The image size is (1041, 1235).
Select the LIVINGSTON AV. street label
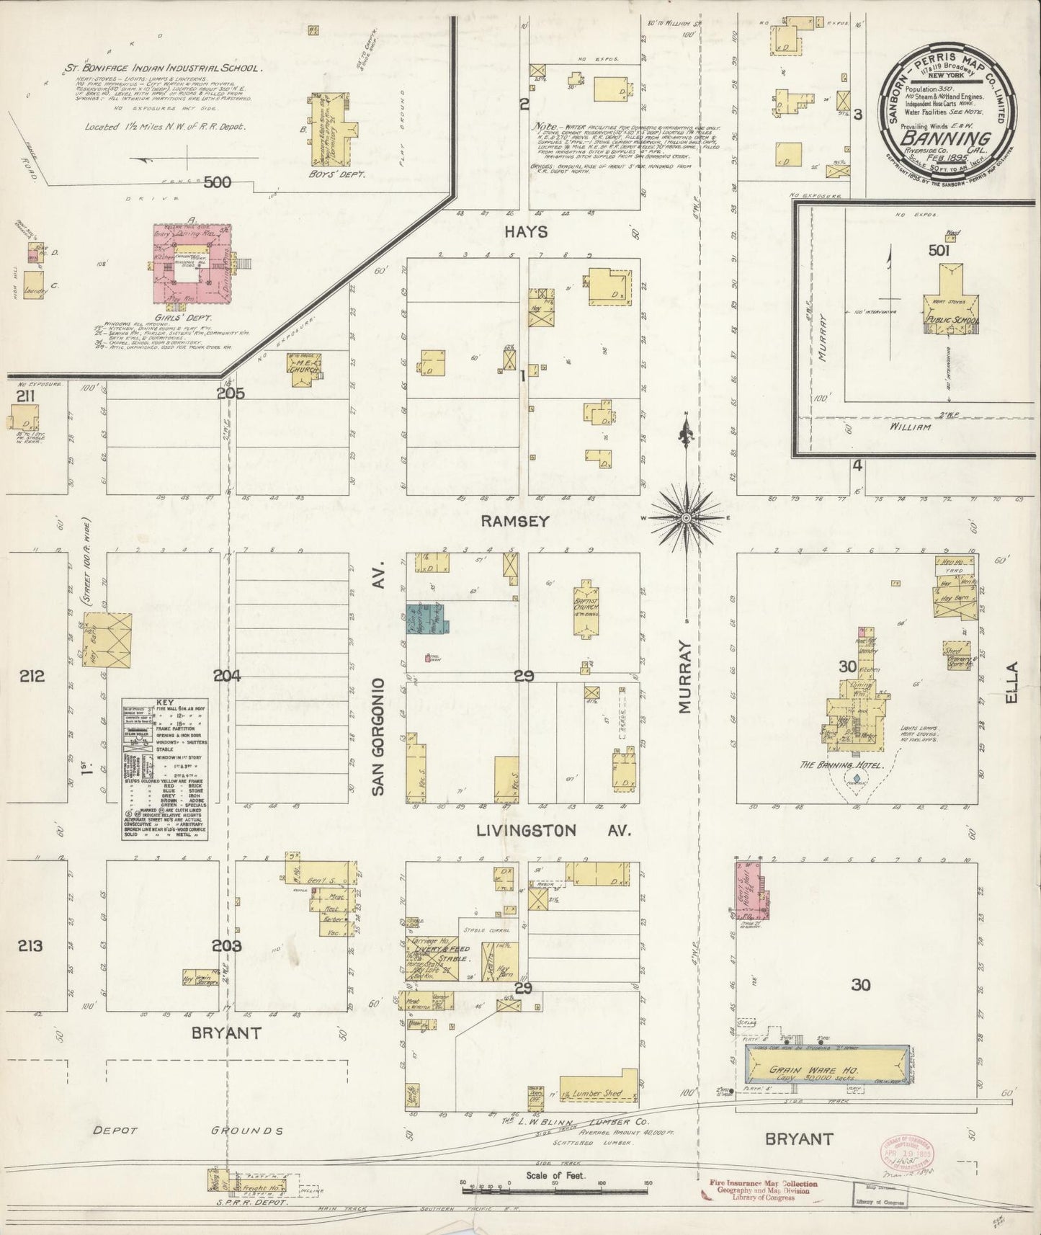[553, 831]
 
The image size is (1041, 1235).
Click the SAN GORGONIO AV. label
[379, 677]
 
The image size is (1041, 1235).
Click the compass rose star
[686, 518]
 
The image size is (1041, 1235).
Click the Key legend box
[165, 769]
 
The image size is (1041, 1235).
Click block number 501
[939, 250]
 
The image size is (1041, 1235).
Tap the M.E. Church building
[303, 370]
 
